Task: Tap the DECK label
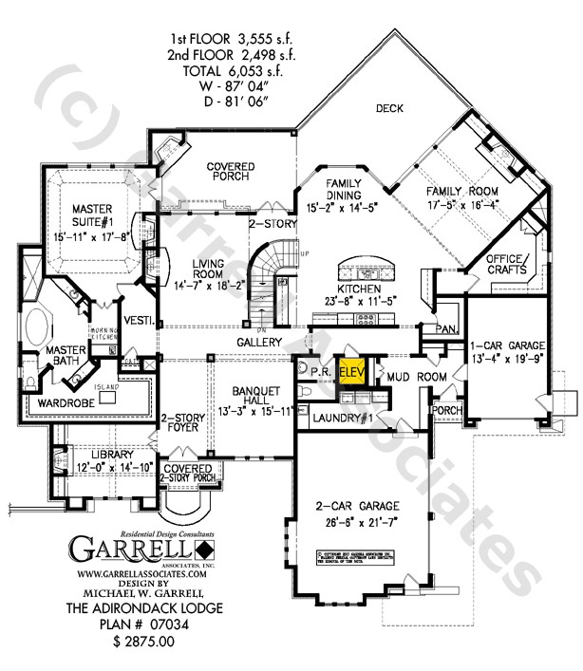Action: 389,108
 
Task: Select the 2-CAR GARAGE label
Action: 359,513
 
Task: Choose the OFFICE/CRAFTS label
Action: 506,265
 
